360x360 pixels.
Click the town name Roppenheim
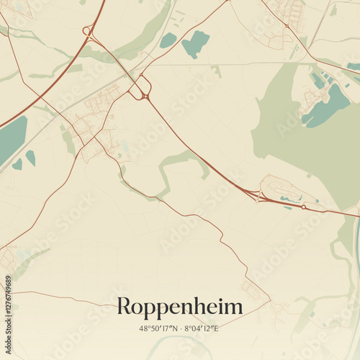click(180, 307)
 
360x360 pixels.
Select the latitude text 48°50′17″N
click(159, 328)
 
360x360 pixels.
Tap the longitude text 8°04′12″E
click(202, 328)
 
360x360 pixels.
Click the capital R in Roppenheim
click(125, 307)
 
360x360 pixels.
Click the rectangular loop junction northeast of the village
click(140, 90)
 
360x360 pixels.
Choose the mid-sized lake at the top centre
click(195, 45)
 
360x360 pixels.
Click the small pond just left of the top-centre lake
click(168, 40)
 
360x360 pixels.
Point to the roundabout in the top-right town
click(287, 26)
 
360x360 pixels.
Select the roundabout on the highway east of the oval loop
click(304, 207)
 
